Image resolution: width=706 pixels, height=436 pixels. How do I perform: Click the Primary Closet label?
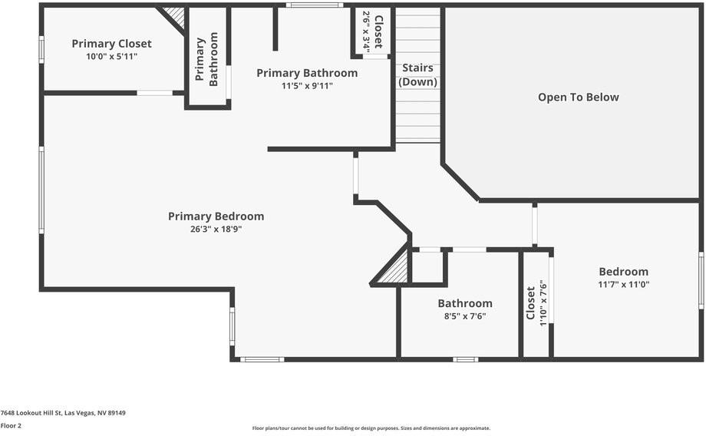[111, 44]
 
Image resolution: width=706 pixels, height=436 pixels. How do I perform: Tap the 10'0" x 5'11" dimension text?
[111, 57]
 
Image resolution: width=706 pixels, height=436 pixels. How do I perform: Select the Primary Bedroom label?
[216, 216]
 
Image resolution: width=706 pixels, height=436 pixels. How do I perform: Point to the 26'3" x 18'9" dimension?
[216, 229]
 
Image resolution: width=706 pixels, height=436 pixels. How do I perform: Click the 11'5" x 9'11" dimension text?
[307, 86]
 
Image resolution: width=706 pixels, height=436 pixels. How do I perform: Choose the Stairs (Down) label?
[418, 74]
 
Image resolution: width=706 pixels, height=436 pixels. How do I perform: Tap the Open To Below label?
[578, 97]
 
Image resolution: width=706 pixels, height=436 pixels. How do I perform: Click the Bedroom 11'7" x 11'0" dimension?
[623, 285]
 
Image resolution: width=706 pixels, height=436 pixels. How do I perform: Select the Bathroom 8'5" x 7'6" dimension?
[465, 316]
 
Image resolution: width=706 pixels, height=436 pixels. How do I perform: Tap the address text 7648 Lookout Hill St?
[63, 413]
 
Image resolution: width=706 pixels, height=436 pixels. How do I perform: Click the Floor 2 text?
[11, 425]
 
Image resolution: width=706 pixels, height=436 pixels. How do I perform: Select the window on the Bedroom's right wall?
[701, 281]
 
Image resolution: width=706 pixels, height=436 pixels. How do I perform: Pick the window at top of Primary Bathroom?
[315, 5]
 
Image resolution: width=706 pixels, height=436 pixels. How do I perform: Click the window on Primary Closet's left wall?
[41, 49]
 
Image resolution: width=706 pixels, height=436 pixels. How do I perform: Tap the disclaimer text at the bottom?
[371, 428]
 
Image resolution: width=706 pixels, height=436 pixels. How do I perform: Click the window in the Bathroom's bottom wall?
[465, 359]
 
